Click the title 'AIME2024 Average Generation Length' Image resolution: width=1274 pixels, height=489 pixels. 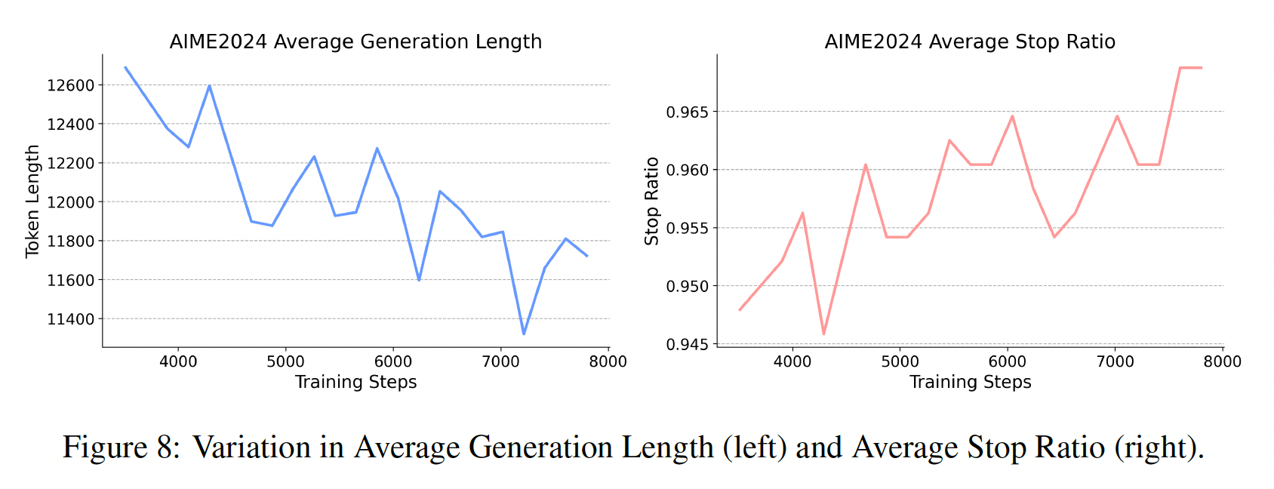click(x=355, y=42)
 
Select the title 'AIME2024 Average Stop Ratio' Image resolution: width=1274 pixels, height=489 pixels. click(x=970, y=42)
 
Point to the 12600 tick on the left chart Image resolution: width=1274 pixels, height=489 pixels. click(x=71, y=85)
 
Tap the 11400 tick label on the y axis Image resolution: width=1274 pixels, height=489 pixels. click(x=71, y=319)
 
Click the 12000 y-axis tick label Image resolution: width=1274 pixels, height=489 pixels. click(x=71, y=202)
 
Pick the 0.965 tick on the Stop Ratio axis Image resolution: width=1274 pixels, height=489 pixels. click(x=688, y=112)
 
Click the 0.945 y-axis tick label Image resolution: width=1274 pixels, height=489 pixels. click(x=688, y=345)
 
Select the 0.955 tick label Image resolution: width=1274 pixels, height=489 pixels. click(x=688, y=229)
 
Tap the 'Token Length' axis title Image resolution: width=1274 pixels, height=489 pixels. click(x=32, y=201)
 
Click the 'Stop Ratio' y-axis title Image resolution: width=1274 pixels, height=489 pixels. click(x=652, y=201)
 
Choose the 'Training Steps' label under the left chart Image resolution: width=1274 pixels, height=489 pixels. click(x=355, y=382)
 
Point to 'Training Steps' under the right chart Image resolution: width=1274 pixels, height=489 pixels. click(x=970, y=382)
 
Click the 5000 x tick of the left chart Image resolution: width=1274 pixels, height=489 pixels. click(x=285, y=362)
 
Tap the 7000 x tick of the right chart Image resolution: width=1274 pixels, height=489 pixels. click(x=1116, y=362)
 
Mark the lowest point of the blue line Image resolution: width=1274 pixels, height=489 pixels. click(x=524, y=334)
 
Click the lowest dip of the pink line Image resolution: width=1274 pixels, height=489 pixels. click(x=823, y=334)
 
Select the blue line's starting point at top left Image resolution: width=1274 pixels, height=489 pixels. click(x=125, y=67)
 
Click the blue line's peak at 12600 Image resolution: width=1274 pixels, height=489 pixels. click(x=209, y=85)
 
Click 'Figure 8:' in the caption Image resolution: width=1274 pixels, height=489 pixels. click(x=122, y=447)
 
